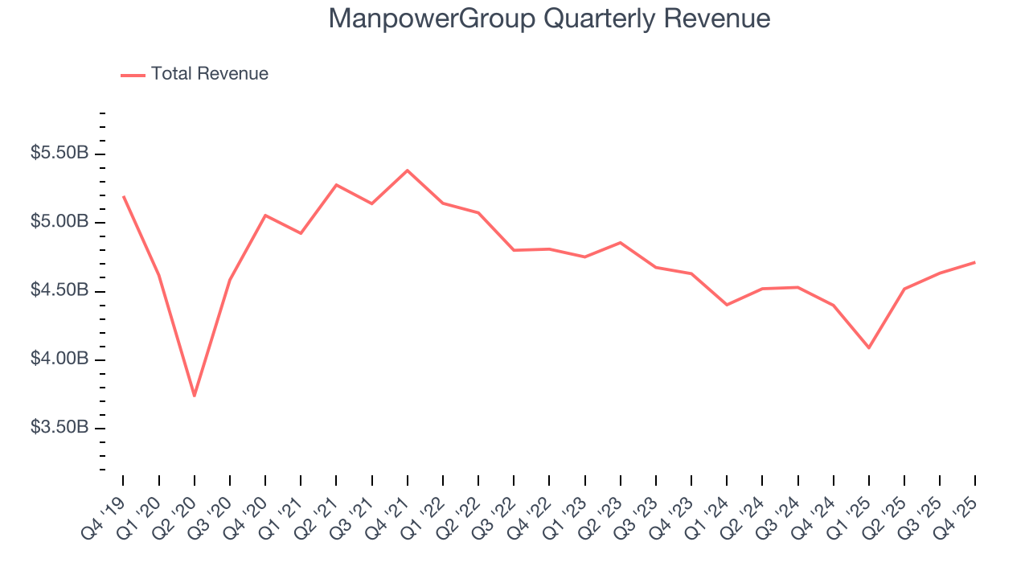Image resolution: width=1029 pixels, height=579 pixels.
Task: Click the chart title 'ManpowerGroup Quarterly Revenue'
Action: [x=549, y=18]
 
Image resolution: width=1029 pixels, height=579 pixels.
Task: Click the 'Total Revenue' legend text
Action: [x=209, y=74]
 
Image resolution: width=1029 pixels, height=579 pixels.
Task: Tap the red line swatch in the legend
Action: [x=133, y=75]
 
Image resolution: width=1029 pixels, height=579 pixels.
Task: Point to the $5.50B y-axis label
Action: [x=59, y=153]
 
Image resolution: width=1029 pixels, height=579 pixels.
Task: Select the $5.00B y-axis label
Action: [x=59, y=221]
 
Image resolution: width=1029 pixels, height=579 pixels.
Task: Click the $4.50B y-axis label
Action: [x=59, y=289]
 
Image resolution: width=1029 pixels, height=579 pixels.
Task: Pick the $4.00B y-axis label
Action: [x=59, y=359]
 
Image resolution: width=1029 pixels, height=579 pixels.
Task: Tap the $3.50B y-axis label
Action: [x=59, y=427]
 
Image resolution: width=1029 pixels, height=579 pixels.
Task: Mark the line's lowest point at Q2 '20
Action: [x=195, y=396]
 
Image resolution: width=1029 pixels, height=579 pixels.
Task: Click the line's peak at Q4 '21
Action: [x=408, y=170]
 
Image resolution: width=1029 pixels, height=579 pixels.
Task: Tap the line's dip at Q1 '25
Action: [x=869, y=347]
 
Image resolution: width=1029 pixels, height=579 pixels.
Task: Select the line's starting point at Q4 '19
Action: [x=124, y=196]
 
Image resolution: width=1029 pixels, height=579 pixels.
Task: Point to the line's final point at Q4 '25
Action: [x=974, y=262]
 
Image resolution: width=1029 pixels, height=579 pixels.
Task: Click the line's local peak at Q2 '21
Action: [x=336, y=185]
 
